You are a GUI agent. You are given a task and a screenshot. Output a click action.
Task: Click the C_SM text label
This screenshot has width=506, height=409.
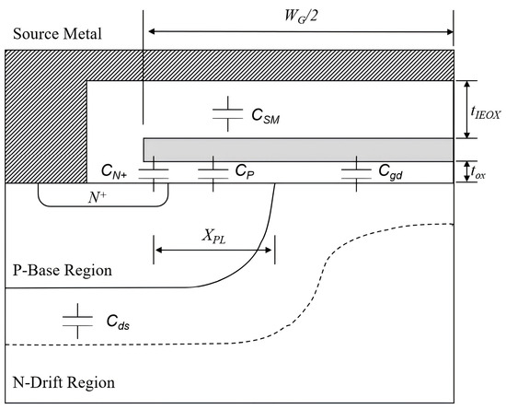(x=270, y=116)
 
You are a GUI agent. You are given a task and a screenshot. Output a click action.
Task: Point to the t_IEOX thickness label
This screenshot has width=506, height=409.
(x=485, y=111)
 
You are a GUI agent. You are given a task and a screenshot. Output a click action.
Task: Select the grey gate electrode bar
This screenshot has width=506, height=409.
(x=298, y=149)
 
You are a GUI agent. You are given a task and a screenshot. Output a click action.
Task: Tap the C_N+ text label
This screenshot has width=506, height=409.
(x=119, y=171)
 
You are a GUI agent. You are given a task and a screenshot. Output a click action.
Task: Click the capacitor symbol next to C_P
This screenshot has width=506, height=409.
(x=213, y=171)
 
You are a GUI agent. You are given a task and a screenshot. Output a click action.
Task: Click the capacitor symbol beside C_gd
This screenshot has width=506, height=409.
(x=355, y=171)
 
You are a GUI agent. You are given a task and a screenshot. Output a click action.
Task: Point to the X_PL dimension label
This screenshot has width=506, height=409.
(x=215, y=236)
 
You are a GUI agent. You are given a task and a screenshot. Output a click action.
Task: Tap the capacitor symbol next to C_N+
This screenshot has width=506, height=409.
(x=155, y=171)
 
